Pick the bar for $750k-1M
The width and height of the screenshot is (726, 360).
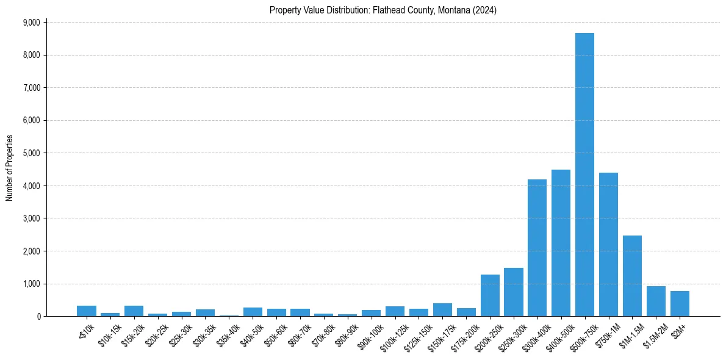(608, 244)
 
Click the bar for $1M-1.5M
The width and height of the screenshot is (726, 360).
(632, 276)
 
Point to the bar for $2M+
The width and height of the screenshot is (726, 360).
(680, 304)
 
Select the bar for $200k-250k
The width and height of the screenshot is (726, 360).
(490, 295)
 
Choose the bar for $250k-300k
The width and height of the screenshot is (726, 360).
(514, 292)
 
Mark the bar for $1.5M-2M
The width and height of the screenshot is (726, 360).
(656, 301)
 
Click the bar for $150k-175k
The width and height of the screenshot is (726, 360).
(442, 310)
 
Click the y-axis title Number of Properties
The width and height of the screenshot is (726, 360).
(9, 168)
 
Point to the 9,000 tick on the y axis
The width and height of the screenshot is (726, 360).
(31, 23)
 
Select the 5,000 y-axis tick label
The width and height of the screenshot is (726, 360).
(31, 153)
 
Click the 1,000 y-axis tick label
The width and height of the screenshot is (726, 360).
(31, 284)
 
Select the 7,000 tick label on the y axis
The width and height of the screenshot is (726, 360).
(31, 88)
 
